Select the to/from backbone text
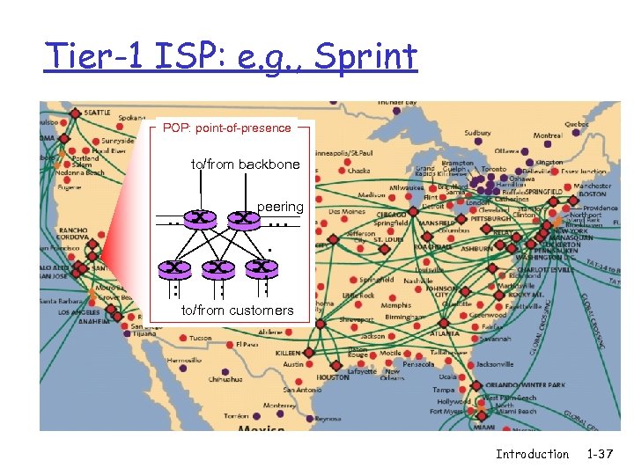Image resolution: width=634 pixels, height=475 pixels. click(x=246, y=164)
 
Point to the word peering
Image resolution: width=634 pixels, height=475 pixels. click(x=280, y=207)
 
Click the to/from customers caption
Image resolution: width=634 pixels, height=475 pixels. click(x=237, y=311)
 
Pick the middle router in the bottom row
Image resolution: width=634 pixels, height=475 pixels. click(x=217, y=266)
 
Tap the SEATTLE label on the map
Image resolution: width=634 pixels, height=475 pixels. click(x=98, y=113)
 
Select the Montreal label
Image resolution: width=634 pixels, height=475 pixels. click(x=548, y=135)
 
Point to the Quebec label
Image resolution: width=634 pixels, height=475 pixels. click(x=577, y=125)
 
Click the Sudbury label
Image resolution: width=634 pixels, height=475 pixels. click(x=478, y=134)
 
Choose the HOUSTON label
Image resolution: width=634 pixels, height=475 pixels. click(x=333, y=377)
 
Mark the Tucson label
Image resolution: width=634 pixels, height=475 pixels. click(x=200, y=338)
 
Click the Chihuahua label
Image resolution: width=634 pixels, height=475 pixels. click(x=225, y=379)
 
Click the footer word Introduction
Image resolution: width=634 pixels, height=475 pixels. click(x=532, y=454)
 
